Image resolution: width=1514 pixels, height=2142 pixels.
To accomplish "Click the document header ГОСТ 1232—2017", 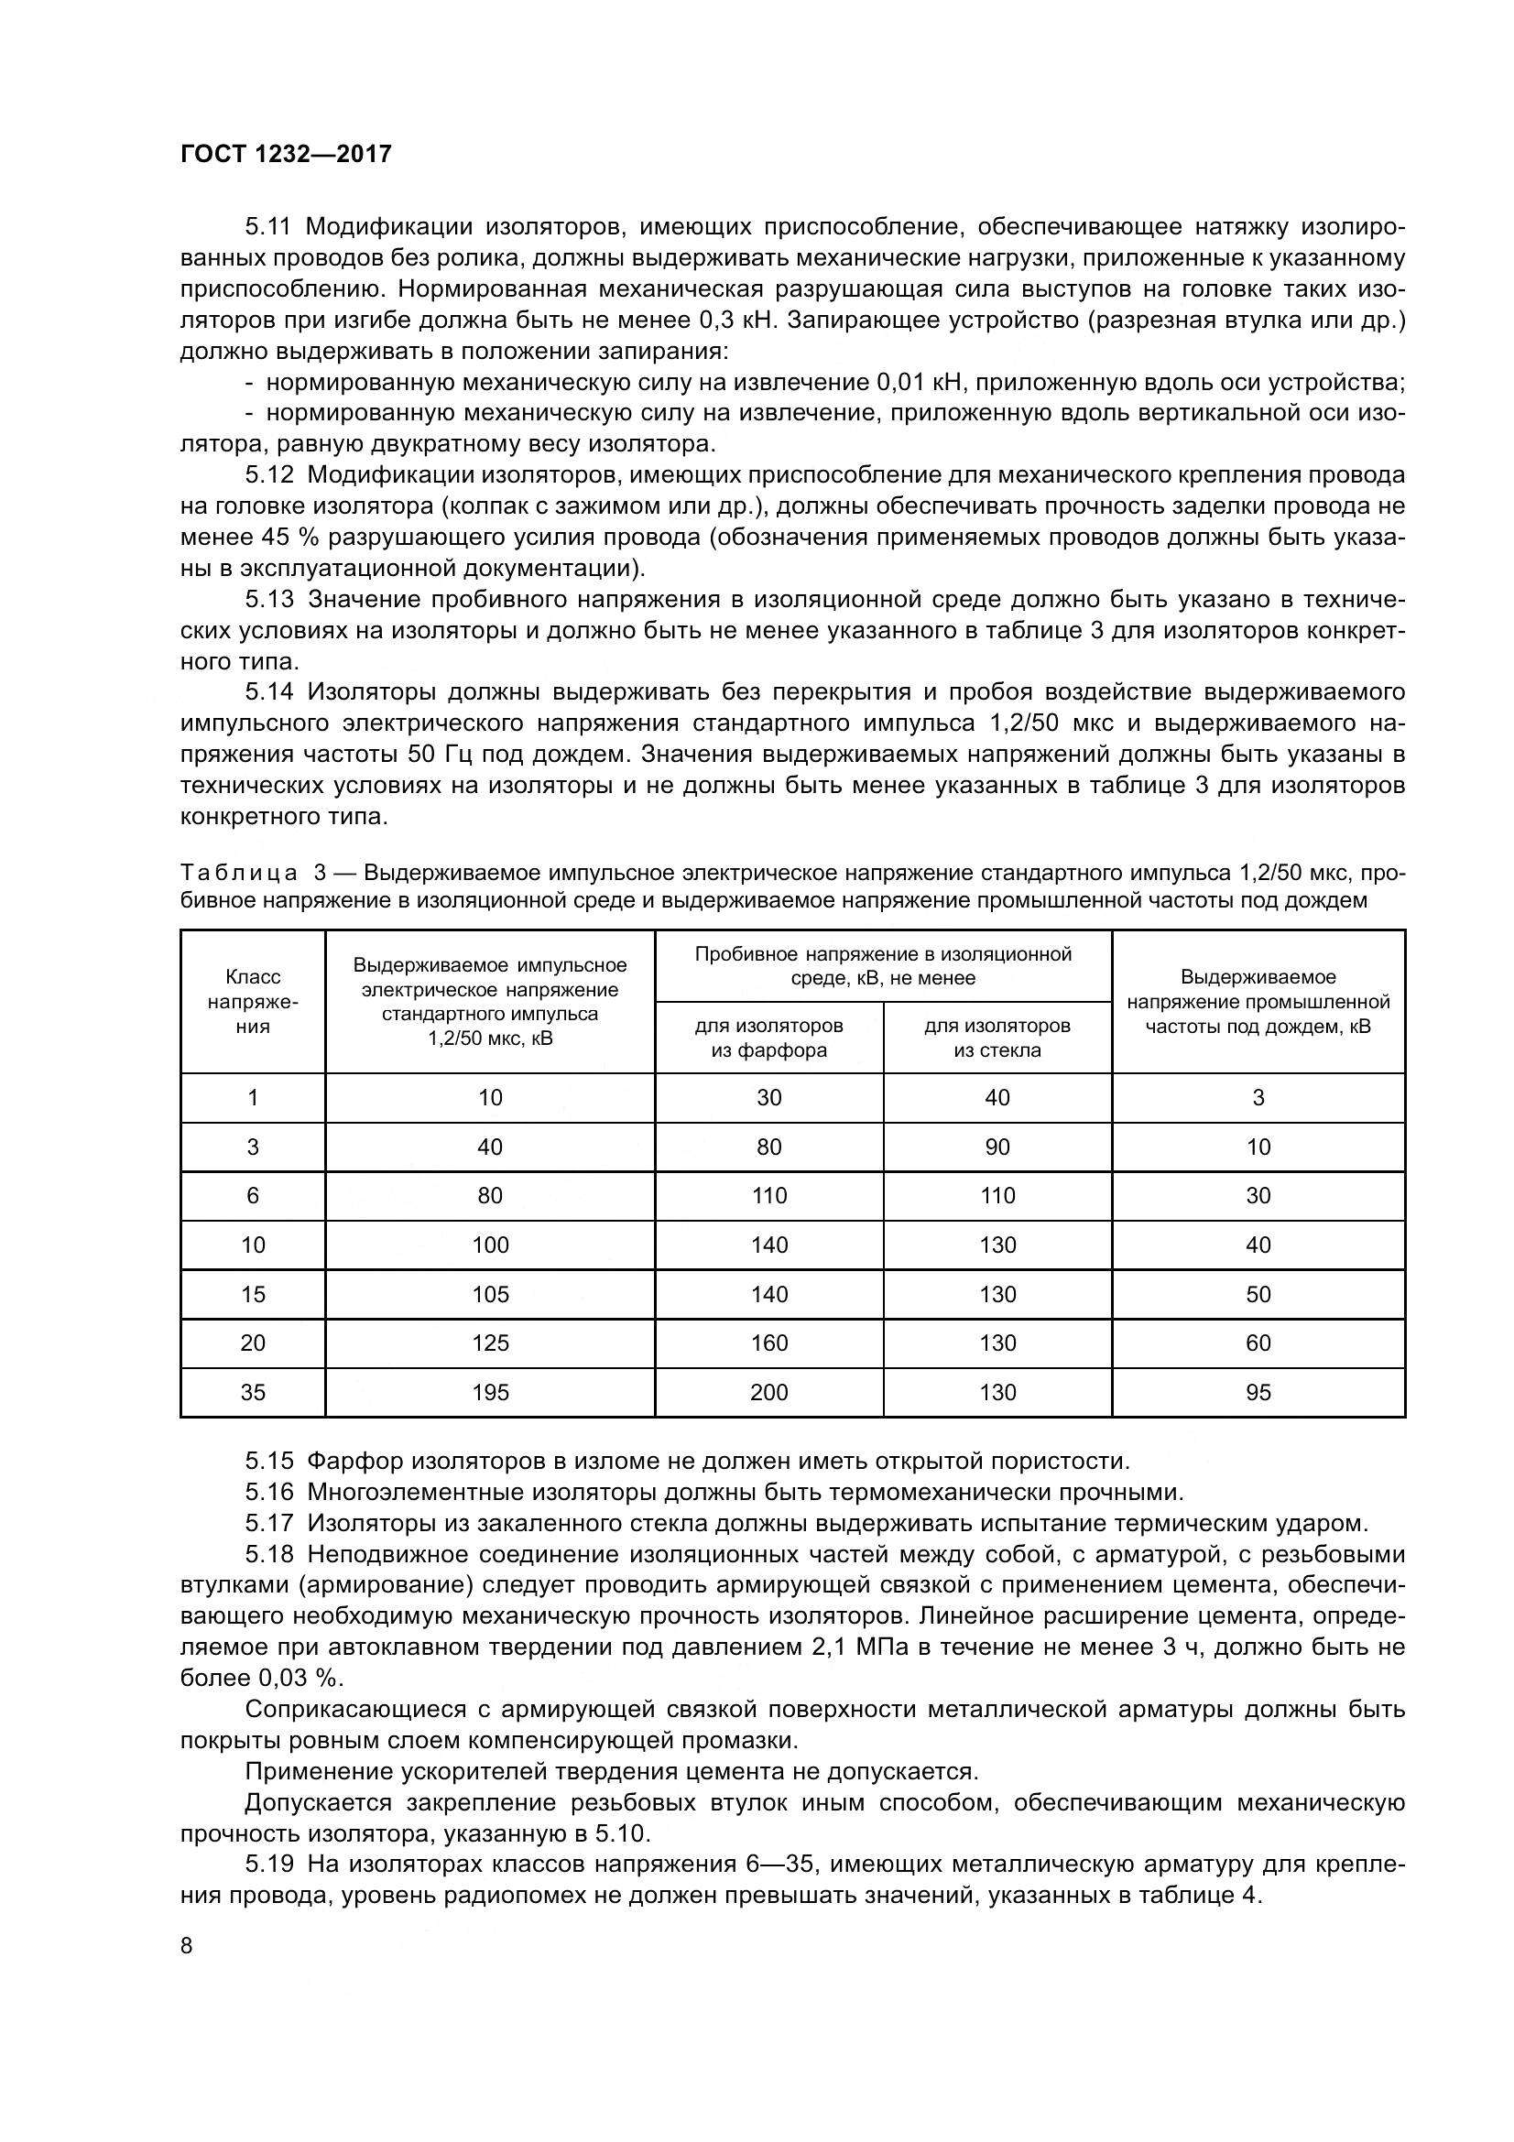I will coord(286,154).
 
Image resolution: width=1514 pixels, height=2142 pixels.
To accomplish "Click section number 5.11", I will coord(268,227).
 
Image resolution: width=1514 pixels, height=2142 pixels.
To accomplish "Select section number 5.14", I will coord(268,692).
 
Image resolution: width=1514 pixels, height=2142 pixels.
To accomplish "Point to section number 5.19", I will coord(268,1865).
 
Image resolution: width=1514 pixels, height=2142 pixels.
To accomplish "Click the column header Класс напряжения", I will coord(253,1001).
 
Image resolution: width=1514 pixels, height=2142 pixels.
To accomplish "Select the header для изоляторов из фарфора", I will coord(768,1038).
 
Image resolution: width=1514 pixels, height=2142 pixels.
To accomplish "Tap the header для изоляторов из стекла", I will coord(997,1038).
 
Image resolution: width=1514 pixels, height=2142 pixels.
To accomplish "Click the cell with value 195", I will coord(490,1393).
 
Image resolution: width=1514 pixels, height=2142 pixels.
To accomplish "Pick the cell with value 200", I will coord(768,1393).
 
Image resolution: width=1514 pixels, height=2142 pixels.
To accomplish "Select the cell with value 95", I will coord(1258,1393).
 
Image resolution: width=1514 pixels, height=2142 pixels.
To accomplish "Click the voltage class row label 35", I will coord(253,1393).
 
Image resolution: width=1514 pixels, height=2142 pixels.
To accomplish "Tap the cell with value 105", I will coord(490,1294).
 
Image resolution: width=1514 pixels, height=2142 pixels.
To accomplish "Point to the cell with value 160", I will coord(768,1343).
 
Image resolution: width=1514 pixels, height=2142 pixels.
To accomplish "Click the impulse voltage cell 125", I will coord(490,1343).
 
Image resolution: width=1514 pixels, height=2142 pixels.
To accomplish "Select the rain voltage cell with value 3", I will coord(1258,1098).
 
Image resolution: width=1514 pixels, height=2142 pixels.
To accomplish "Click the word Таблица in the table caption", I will coord(239,874).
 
